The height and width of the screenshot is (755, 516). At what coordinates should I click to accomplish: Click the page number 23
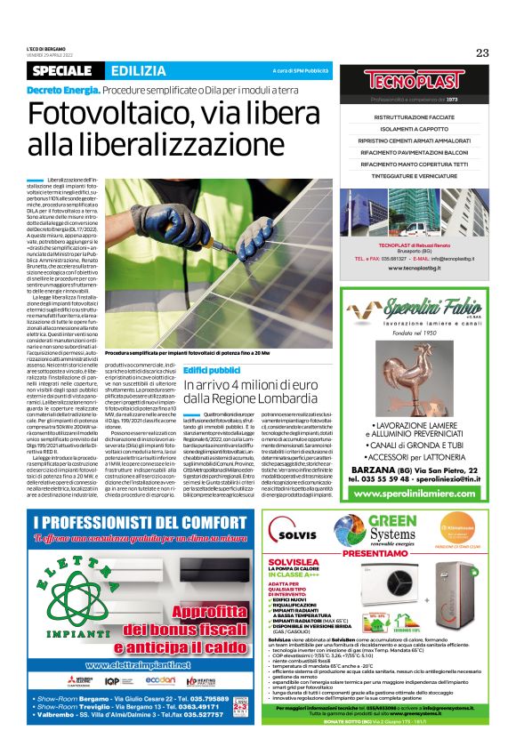point(482,52)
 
